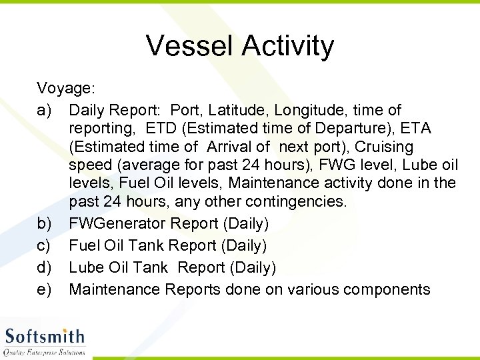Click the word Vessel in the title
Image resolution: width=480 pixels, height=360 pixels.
point(189,46)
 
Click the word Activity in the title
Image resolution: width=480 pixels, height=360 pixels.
point(288,46)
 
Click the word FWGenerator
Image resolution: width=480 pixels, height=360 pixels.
point(116,223)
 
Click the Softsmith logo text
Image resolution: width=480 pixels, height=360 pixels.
point(45,337)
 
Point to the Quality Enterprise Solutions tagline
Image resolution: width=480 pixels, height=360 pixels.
point(45,352)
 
